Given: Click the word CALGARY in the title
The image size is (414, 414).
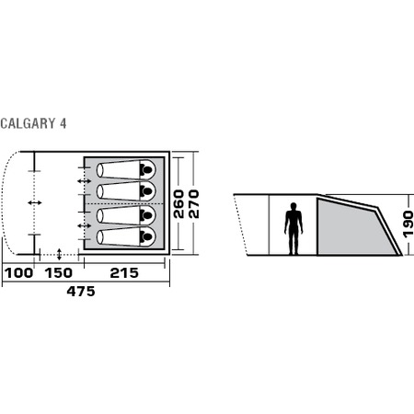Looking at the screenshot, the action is pyautogui.click(x=28, y=123).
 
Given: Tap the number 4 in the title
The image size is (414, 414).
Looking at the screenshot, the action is pyautogui.click(x=63, y=123).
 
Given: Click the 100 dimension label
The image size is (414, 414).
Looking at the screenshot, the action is pyautogui.click(x=18, y=273).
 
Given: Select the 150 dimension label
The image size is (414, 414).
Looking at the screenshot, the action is pyautogui.click(x=59, y=273).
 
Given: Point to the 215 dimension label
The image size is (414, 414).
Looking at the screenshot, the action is pyautogui.click(x=124, y=273).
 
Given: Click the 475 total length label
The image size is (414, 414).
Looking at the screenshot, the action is pyautogui.click(x=81, y=292).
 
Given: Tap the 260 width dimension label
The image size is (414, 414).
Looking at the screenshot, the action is pyautogui.click(x=178, y=204).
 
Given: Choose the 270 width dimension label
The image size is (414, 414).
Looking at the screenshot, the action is pyautogui.click(x=194, y=204).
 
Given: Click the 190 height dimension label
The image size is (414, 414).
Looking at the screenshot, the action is pyautogui.click(x=408, y=224).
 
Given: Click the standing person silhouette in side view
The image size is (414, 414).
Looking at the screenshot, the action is pyautogui.click(x=293, y=228).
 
